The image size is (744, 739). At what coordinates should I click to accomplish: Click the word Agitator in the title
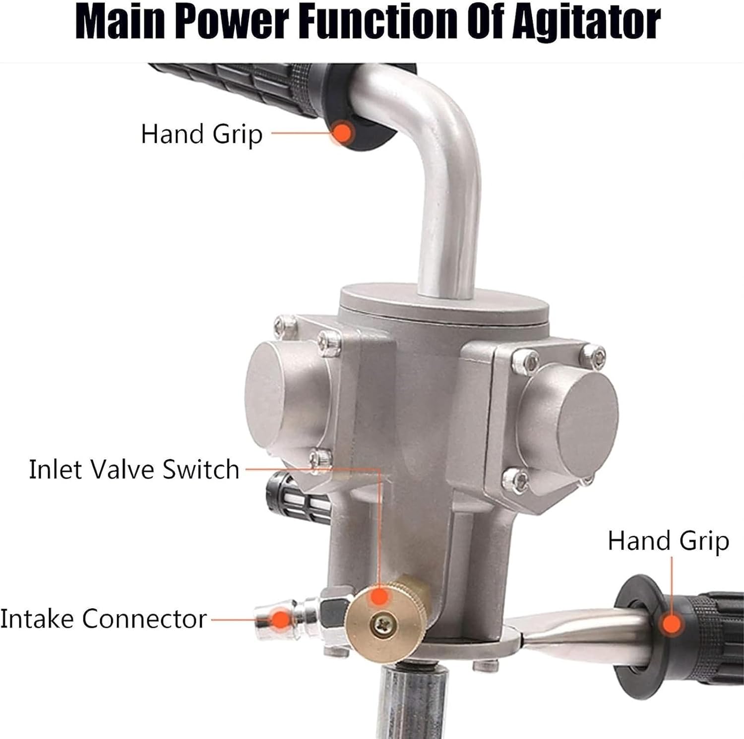click(586, 22)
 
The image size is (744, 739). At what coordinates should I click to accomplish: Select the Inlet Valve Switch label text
click(134, 469)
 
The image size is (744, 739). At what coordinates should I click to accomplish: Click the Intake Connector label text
click(103, 619)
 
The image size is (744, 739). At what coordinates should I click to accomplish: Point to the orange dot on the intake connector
click(281, 619)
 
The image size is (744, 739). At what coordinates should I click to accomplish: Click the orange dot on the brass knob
click(379, 596)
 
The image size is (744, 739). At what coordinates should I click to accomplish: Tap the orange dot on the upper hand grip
click(342, 133)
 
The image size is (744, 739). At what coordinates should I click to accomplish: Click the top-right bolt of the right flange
click(594, 353)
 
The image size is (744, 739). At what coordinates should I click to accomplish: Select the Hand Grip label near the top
click(201, 134)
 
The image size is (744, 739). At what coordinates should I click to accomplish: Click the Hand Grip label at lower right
click(668, 541)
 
